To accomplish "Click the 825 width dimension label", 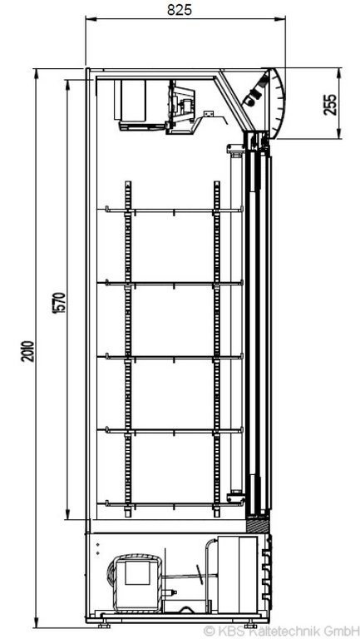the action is pyautogui.click(x=180, y=10).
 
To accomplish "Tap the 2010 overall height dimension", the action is pyautogui.click(x=27, y=351).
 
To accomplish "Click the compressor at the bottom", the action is pyautogui.click(x=136, y=584).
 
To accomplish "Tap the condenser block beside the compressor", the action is pyautogui.click(x=238, y=575).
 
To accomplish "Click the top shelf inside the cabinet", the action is pyautogui.click(x=174, y=211).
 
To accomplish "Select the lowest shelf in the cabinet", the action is pyautogui.click(x=174, y=503).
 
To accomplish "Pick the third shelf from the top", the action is pyautogui.click(x=174, y=358).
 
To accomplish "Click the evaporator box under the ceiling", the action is pyautogui.click(x=133, y=101).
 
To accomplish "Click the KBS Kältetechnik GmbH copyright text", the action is pyautogui.click(x=281, y=632).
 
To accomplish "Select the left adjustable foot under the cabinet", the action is pyautogui.click(x=104, y=625).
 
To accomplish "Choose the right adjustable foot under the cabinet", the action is pyautogui.click(x=250, y=625).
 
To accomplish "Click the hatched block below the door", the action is pyautogui.click(x=258, y=524).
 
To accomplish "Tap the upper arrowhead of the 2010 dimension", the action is pyautogui.click(x=37, y=73).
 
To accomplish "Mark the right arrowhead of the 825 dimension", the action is pyautogui.click(x=280, y=18).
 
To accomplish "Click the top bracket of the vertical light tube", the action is pyautogui.click(x=236, y=149).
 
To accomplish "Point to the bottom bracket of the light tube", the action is pyautogui.click(x=236, y=498).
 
